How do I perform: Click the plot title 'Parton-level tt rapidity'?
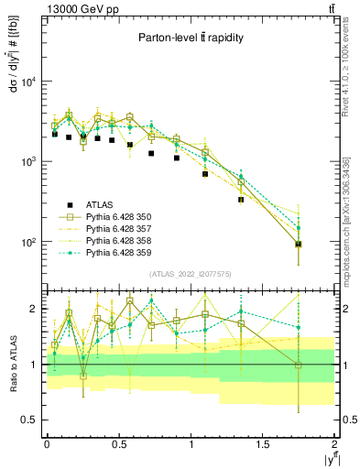click(x=189, y=38)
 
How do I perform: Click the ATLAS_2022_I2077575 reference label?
click(x=189, y=275)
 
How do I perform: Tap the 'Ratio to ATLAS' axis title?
click(x=14, y=365)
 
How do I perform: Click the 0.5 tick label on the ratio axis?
click(x=28, y=420)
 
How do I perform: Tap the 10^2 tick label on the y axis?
click(x=27, y=243)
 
